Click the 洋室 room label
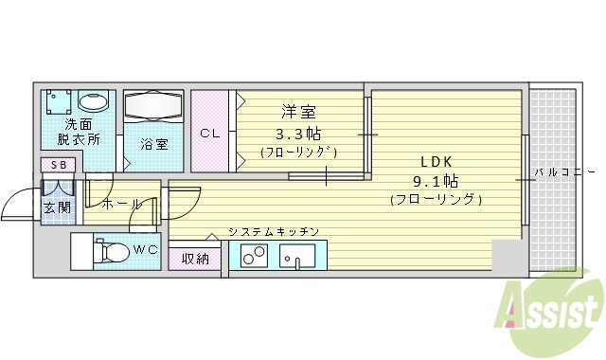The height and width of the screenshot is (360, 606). pos(296,112)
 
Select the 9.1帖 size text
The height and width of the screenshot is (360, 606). pos(436,179)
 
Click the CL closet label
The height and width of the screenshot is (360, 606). pos(209,134)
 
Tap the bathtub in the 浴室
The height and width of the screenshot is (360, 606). pos(153,107)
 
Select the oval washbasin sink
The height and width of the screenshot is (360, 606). pos(94,101)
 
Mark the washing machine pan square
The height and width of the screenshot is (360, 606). pos(59,102)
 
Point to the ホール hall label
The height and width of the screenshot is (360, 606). pos(122,204)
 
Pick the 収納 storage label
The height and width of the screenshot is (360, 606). pos(196,259)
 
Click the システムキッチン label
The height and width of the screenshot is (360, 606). pos(273,231)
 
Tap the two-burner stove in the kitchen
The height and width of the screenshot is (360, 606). pos(253,256)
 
